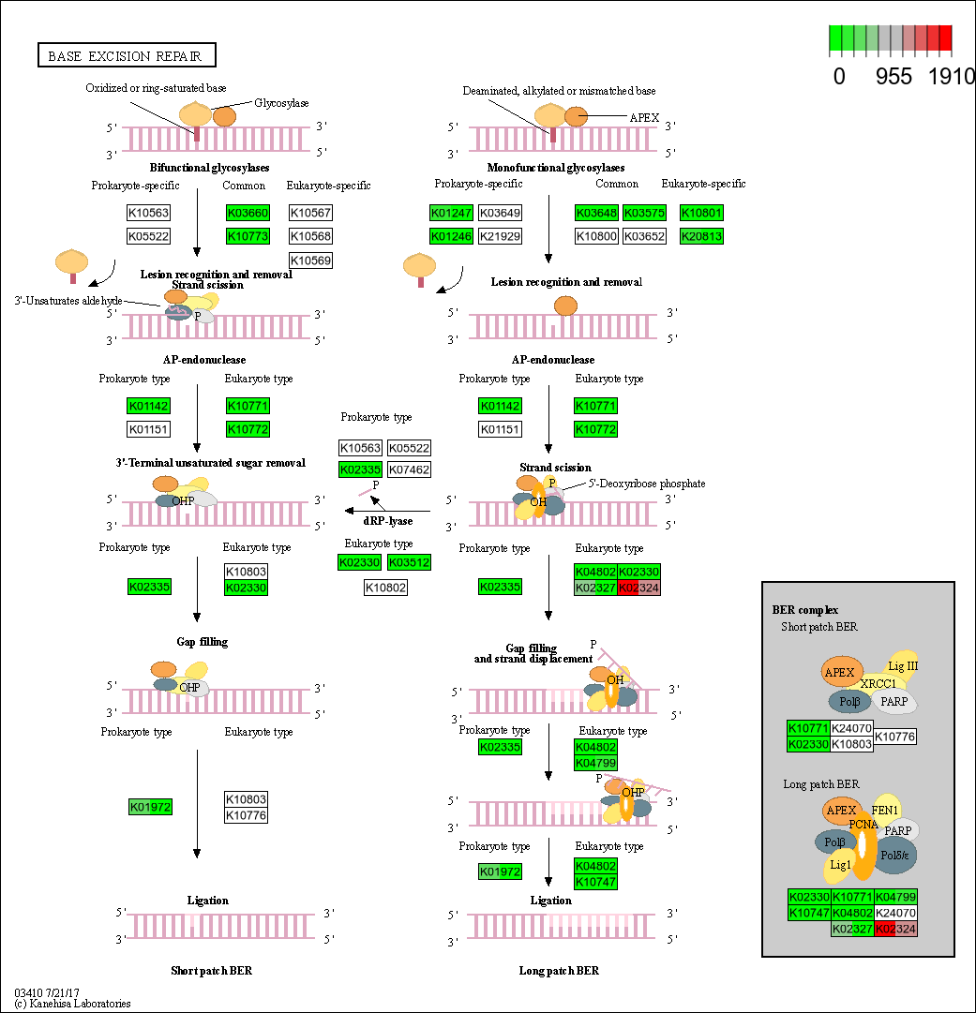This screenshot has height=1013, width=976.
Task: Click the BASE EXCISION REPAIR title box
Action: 126,56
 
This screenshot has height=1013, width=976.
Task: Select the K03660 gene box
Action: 248,213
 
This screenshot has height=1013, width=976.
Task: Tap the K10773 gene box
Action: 248,236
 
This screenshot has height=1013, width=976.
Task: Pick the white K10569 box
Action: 311,260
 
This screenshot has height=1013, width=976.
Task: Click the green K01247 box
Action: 452,213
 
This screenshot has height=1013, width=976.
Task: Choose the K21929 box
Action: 500,236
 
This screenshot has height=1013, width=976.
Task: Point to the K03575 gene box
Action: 644,213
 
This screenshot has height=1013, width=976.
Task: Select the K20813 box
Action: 701,236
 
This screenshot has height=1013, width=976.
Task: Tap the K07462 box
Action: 409,469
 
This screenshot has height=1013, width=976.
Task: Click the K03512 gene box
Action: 409,562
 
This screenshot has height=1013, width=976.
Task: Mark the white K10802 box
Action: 385,588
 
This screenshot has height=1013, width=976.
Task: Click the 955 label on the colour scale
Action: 893,77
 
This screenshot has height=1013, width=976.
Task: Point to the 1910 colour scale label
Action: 952,77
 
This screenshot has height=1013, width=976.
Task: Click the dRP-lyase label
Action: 387,521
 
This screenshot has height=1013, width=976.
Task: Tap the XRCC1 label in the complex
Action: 878,684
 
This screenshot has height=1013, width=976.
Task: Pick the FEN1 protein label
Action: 885,810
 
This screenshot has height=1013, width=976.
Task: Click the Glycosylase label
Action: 281,103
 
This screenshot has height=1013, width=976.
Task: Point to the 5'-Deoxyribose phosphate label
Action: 647,484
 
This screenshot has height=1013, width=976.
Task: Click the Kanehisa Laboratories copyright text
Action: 72,1004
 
